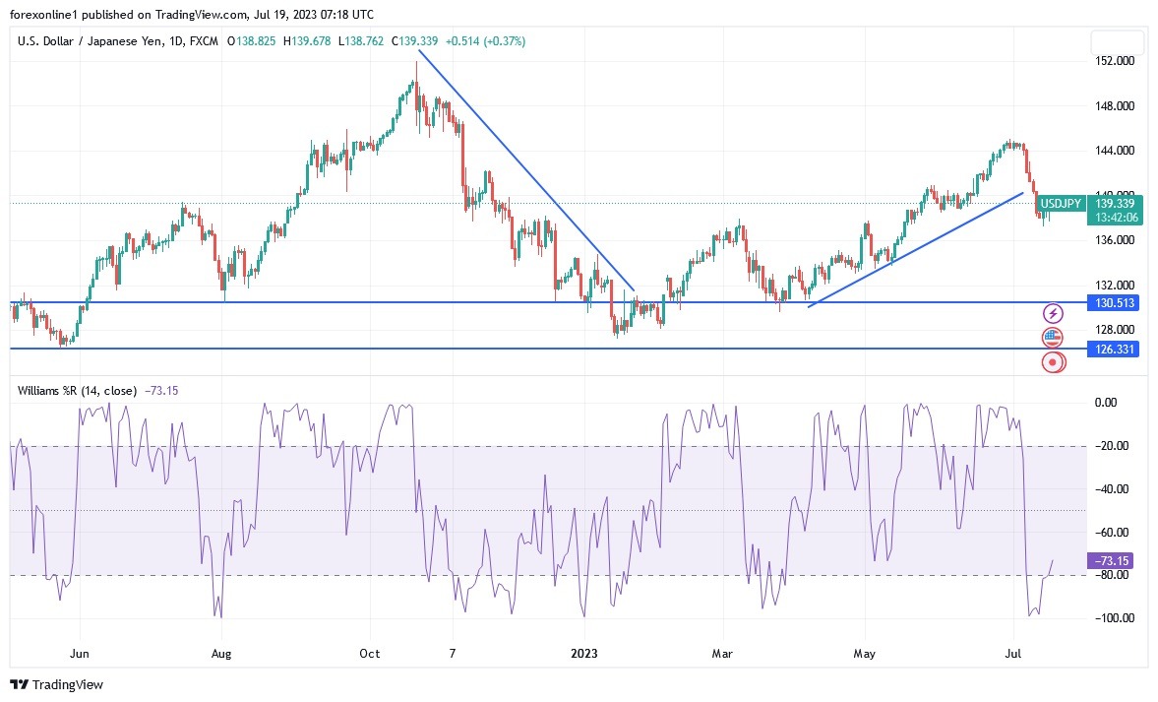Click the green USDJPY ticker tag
(1061, 204)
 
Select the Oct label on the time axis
(370, 653)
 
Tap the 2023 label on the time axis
(584, 653)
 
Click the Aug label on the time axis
(221, 653)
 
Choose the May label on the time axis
(865, 653)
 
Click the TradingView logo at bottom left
(56, 684)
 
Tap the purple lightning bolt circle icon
(1054, 313)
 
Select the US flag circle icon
(1054, 338)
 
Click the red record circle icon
(1054, 362)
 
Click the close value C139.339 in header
(415, 41)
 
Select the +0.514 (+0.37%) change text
(485, 41)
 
